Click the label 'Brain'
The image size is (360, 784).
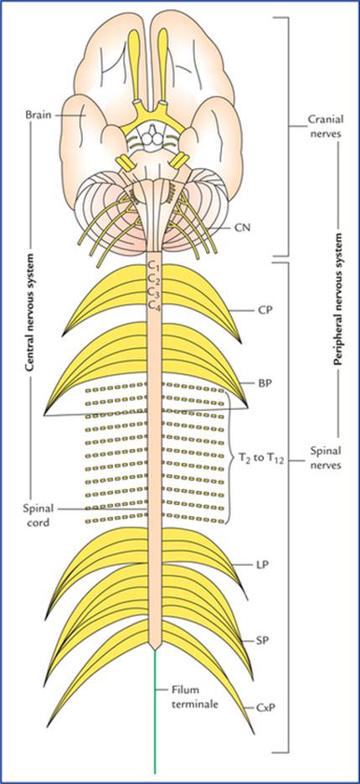(37, 115)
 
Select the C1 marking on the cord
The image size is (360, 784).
(153, 264)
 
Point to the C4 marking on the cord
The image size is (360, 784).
(153, 305)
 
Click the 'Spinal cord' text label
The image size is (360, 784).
(37, 514)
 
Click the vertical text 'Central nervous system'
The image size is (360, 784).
(30, 312)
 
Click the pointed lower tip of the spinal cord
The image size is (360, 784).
(155, 650)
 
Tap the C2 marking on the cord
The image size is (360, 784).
(153, 278)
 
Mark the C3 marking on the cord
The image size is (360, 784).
(153, 291)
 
